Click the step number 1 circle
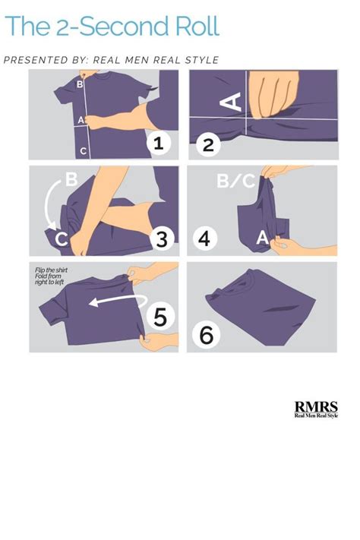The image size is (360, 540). (158, 143)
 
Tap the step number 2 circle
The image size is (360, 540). (208, 145)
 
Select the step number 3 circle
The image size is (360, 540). (162, 238)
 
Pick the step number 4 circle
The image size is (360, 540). (205, 238)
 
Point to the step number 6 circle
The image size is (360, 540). (206, 334)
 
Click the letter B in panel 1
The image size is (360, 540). (80, 84)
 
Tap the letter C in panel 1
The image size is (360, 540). (83, 151)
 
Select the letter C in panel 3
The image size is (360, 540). (62, 238)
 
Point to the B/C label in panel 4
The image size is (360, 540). (236, 181)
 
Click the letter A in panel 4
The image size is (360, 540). (263, 238)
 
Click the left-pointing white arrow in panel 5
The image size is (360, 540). (118, 300)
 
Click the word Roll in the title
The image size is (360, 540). (197, 26)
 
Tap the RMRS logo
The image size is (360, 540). (316, 409)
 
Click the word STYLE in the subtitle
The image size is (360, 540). (202, 60)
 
